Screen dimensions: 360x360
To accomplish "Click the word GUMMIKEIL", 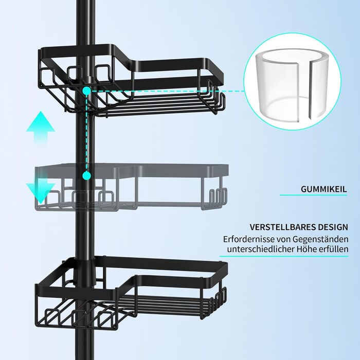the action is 323,189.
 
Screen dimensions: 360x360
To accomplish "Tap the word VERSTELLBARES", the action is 283,227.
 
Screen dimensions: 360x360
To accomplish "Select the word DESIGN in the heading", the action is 333,227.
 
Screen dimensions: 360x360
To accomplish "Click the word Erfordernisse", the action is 249,239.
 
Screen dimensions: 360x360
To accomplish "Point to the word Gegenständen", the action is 320,240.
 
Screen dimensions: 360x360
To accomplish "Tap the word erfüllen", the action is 334,249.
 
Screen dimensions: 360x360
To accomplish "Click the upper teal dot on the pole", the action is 86,91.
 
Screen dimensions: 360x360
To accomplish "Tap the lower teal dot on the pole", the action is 86,176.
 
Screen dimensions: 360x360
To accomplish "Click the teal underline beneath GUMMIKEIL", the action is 313,195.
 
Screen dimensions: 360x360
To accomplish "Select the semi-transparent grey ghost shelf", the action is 132,187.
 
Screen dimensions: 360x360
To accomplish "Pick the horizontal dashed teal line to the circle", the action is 168,91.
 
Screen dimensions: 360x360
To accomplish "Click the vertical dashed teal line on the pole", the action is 86,133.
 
